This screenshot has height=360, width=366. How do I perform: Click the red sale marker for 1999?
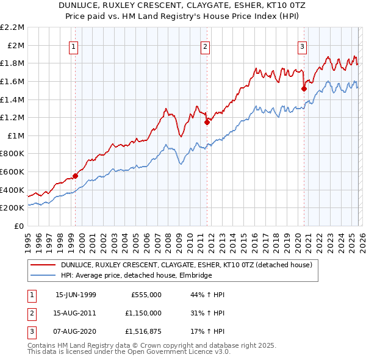tap(76, 176)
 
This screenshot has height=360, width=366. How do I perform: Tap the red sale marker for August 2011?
tap(206, 122)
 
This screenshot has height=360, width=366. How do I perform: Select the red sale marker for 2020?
tap(303, 88)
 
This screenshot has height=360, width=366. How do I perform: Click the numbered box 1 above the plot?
tap(74, 46)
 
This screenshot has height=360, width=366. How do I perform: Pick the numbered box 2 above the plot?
tap(206, 46)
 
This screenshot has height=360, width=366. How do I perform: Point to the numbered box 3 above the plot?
tap(302, 46)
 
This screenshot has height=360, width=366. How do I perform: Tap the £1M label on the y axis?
tap(16, 135)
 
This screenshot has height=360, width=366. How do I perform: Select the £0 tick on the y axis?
tap(19, 226)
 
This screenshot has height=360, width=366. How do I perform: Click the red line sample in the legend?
tap(43, 265)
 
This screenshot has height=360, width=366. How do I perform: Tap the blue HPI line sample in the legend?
tap(43, 276)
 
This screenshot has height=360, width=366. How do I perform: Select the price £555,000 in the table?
tap(146, 295)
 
